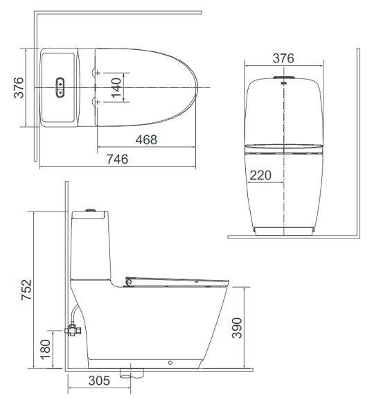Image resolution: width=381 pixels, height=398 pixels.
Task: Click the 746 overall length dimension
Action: click(118, 159)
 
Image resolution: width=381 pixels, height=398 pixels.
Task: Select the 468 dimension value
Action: click(145, 139)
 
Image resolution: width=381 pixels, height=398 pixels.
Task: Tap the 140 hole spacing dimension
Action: click(116, 87)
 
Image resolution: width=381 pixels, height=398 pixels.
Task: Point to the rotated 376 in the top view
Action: click(20, 87)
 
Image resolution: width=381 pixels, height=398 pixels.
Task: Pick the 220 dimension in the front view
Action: click(260, 175)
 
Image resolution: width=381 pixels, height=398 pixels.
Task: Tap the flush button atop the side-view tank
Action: click(89, 209)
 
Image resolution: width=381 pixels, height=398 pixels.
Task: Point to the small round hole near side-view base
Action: click(170, 361)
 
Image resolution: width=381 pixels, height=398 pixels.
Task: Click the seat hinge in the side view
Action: click(129, 281)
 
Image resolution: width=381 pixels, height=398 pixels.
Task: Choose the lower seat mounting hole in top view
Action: click(95, 103)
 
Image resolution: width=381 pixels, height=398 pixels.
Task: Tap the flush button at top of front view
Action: click(284, 77)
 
